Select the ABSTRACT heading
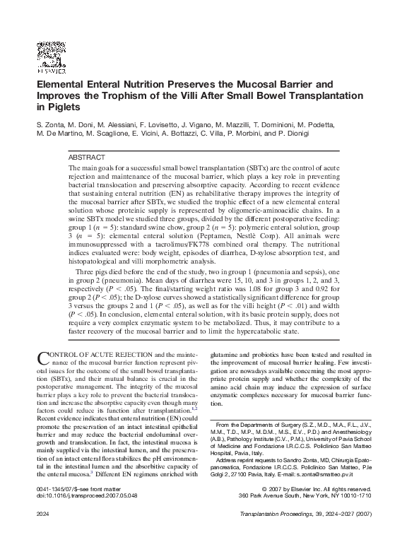click(x=87, y=156)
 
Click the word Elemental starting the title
click(x=61, y=83)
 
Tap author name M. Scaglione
click(x=110, y=133)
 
